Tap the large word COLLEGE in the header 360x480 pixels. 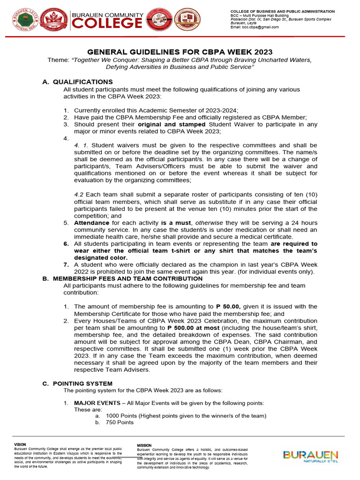click(x=107, y=22)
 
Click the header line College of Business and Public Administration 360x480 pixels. click(x=282, y=11)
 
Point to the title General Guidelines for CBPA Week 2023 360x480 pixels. click(x=180, y=52)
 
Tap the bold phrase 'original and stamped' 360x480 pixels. click(x=172, y=124)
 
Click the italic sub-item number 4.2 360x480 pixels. click(x=80, y=195)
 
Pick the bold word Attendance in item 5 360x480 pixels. click(x=91, y=223)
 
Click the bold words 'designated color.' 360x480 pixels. click(x=100, y=257)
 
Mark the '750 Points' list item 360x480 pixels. click(x=120, y=422)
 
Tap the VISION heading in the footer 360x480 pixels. click(x=20, y=444)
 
